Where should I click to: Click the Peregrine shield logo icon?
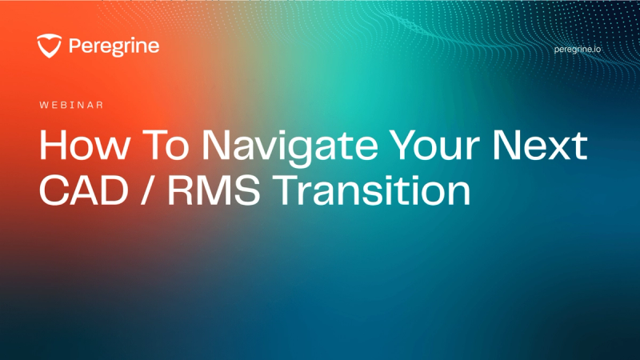[50, 46]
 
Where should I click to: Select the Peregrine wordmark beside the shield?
[114, 46]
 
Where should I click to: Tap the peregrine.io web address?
[577, 50]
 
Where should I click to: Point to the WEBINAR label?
[71, 106]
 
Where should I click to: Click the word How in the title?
[85, 145]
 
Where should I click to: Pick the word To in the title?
[166, 145]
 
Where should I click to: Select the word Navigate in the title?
[290, 148]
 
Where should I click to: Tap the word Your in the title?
[434, 145]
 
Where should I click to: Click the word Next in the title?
[540, 145]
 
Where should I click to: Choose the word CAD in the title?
[84, 190]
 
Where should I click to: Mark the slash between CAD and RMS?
[148, 190]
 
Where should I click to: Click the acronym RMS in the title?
[214, 190]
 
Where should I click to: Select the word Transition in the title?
[372, 190]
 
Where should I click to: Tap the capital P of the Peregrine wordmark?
[74, 46]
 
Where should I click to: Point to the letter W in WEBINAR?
[44, 106]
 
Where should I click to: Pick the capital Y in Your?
[405, 145]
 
